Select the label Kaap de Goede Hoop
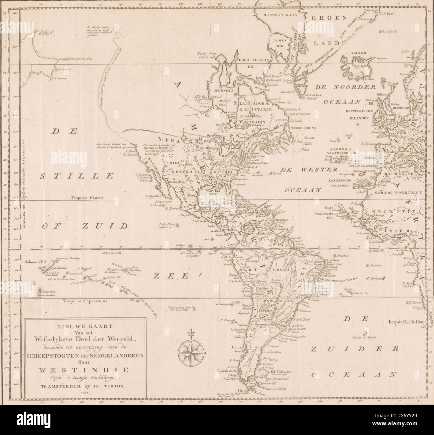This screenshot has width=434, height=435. click(406, 322)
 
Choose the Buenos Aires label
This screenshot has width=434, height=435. click(263, 324)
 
